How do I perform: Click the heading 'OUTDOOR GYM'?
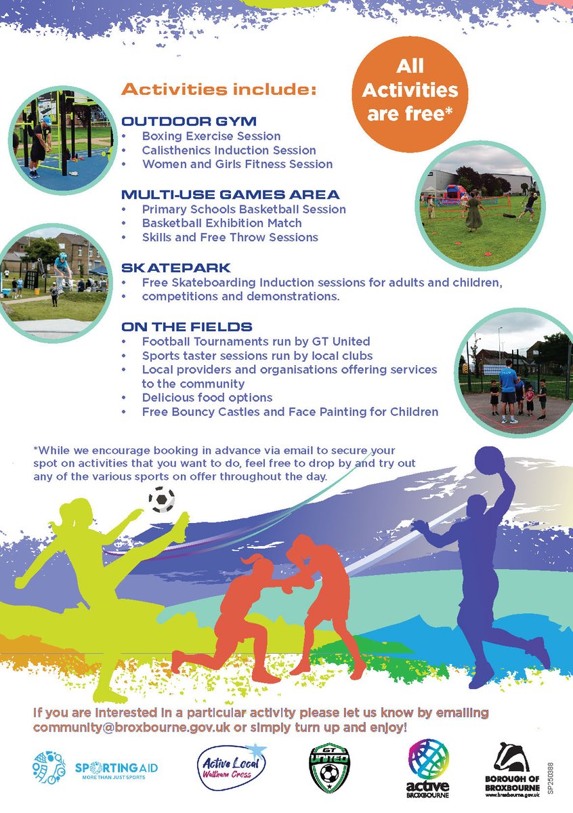(x=189, y=122)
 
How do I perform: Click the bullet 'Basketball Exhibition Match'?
(x=221, y=223)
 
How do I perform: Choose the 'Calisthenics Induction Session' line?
(x=229, y=150)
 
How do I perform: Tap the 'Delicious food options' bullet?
(x=207, y=398)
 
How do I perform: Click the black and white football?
(x=161, y=499)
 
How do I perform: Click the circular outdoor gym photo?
(x=63, y=140)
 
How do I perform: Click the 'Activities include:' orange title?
(x=219, y=89)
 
